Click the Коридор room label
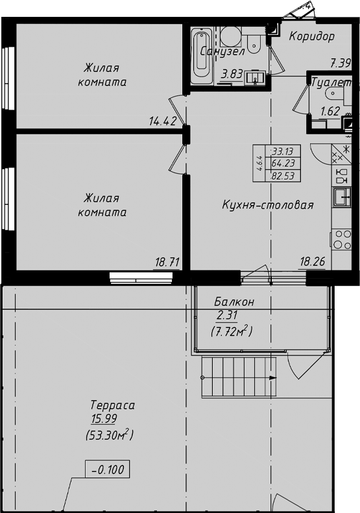(311, 36)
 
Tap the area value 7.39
(341, 63)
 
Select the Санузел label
(222, 51)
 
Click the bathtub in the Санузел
(202, 56)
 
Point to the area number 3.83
(232, 75)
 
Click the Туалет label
(331, 82)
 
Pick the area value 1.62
(330, 112)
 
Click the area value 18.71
(167, 262)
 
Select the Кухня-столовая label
(268, 205)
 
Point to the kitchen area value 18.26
(313, 261)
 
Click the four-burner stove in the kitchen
(342, 239)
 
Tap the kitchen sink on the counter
(342, 197)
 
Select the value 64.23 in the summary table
(283, 163)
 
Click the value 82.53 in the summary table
(283, 176)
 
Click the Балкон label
(234, 302)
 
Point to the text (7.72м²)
(232, 331)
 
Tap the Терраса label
(113, 405)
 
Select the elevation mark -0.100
(108, 470)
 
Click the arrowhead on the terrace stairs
(273, 378)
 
